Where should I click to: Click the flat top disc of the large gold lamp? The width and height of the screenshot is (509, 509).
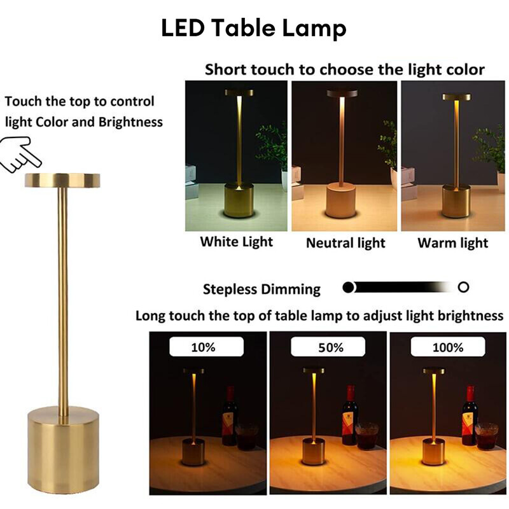point(62,180)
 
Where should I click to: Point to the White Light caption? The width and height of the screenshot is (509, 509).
point(236,242)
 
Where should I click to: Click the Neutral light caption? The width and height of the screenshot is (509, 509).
point(345,243)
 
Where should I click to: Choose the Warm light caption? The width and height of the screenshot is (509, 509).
point(453,243)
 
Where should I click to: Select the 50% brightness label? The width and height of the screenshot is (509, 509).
point(328,347)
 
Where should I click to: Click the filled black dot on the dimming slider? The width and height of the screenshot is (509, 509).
point(348,287)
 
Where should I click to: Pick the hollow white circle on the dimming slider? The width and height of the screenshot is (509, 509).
point(463,287)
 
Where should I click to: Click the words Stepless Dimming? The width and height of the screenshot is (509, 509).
point(261,289)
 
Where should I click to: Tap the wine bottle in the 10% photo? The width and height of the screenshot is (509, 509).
point(229,417)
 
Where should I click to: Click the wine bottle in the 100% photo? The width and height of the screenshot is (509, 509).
point(470,417)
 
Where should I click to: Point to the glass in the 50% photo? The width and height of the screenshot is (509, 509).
point(366,436)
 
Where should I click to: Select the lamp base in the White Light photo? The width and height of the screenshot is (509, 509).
point(239,200)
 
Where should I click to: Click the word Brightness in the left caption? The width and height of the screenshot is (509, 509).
point(130,122)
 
